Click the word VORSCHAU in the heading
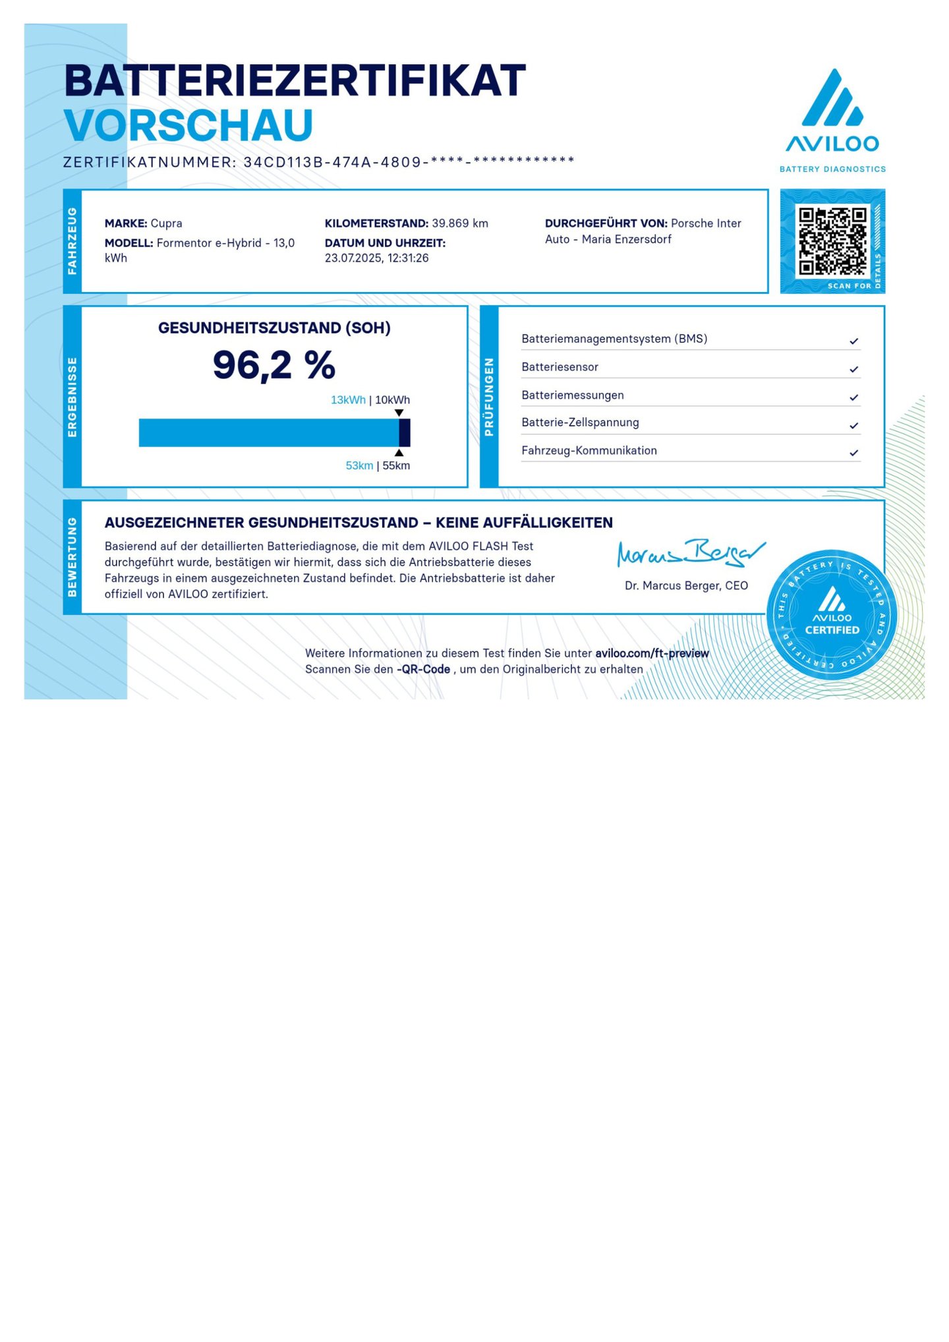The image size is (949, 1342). click(x=188, y=125)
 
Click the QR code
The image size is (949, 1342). click(x=832, y=241)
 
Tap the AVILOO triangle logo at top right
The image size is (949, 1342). click(x=832, y=99)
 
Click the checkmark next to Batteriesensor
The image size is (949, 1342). click(x=853, y=369)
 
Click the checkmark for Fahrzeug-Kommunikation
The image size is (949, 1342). click(x=853, y=453)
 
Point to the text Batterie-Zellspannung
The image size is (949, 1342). click(x=580, y=423)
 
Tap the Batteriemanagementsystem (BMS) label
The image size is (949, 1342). click(x=614, y=339)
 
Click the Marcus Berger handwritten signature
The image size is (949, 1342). click(x=689, y=552)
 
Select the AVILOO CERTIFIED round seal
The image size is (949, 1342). click(x=832, y=615)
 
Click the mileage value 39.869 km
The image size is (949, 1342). click(x=459, y=223)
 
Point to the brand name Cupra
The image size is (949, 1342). click(x=166, y=223)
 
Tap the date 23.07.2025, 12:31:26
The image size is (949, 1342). click(x=376, y=258)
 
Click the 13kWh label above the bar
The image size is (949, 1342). click(x=348, y=400)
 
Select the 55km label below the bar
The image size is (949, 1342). click(x=396, y=466)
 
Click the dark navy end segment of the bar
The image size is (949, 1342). click(x=405, y=433)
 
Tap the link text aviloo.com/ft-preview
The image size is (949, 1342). click(x=651, y=653)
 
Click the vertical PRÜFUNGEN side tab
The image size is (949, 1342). click(x=489, y=397)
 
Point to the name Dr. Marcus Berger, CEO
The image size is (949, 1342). click(x=686, y=585)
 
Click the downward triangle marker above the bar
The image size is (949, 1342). click(x=399, y=413)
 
